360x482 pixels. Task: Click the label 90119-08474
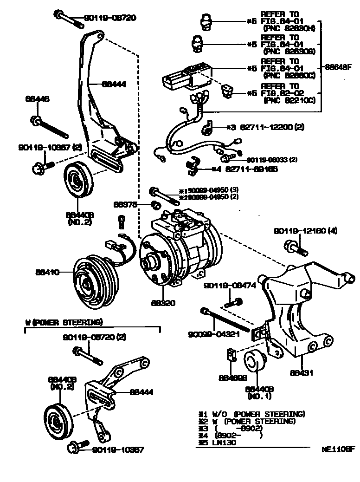tap(230, 286)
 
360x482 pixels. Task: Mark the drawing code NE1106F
tap(338, 449)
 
